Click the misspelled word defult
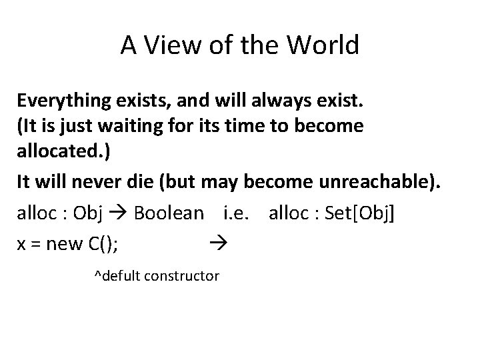[119, 274]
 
